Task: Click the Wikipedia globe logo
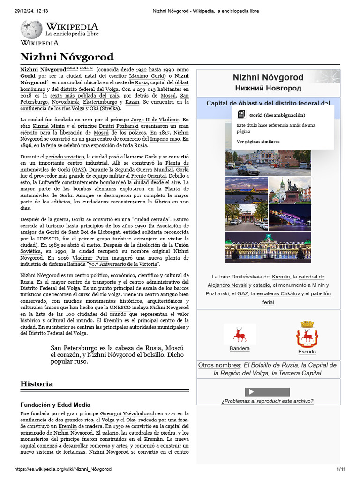pyautogui.click(x=31, y=30)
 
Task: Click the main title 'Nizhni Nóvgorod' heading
pyautogui.click(x=67, y=57)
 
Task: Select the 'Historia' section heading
pyautogui.click(x=37, y=383)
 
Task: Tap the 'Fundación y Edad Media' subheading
pyautogui.click(x=55, y=405)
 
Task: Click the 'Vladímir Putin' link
pyautogui.click(x=92, y=258)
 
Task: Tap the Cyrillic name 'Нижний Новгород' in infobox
pyautogui.click(x=268, y=88)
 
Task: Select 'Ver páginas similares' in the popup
pyautogui.click(x=258, y=141)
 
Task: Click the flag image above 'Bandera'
pyautogui.click(x=240, y=334)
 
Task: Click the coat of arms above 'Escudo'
pyautogui.click(x=307, y=335)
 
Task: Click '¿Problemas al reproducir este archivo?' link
pyautogui.click(x=267, y=401)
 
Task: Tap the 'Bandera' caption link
pyautogui.click(x=240, y=349)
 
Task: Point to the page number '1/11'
pyautogui.click(x=340, y=469)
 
